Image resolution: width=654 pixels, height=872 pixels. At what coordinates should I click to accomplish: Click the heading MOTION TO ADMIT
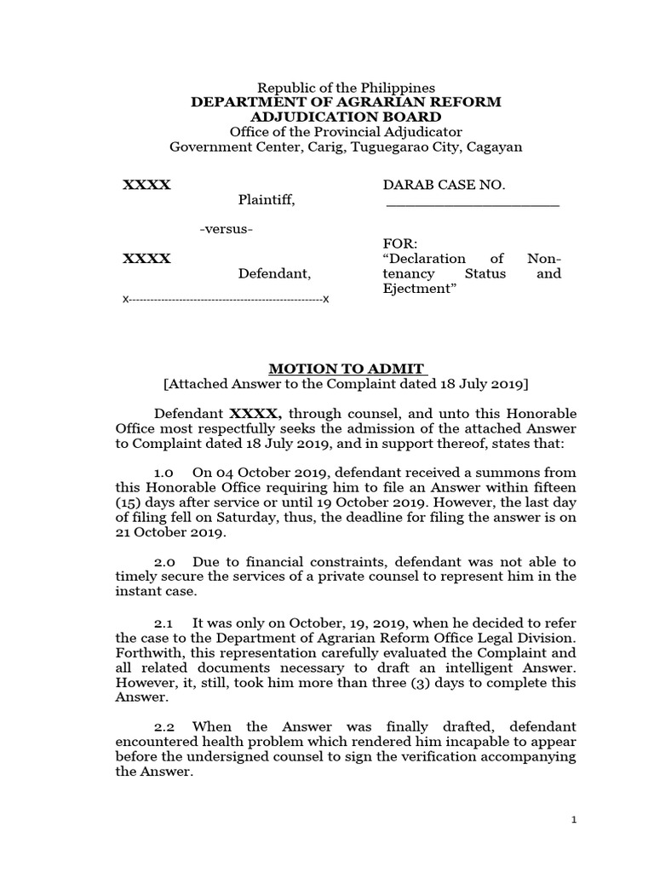[346, 369]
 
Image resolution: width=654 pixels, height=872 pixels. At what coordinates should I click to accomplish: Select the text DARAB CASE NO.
[445, 185]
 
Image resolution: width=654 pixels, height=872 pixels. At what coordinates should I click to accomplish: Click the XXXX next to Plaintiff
[146, 185]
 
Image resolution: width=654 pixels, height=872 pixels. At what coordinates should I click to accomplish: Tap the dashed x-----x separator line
[227, 300]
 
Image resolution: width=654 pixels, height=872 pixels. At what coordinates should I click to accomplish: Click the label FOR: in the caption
[398, 244]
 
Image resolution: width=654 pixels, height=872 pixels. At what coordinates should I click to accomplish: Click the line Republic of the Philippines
[346, 88]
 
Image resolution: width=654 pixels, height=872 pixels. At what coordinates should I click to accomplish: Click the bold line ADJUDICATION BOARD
[346, 117]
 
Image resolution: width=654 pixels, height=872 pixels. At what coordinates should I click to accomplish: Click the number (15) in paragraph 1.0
[129, 503]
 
